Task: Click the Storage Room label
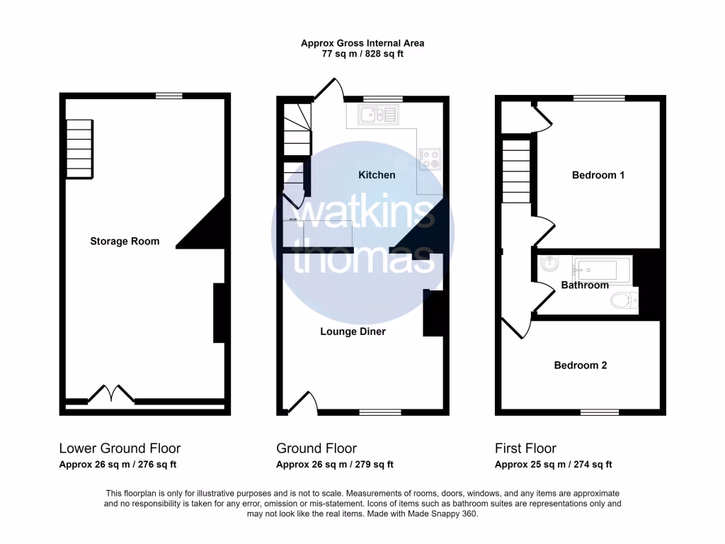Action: pyautogui.click(x=125, y=242)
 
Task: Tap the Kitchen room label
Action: pyautogui.click(x=377, y=175)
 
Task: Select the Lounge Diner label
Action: pyautogui.click(x=353, y=331)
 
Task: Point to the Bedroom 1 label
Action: pyautogui.click(x=598, y=175)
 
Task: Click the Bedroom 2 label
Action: pyautogui.click(x=580, y=365)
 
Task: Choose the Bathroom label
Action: pyautogui.click(x=585, y=285)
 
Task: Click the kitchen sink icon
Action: pyautogui.click(x=379, y=114)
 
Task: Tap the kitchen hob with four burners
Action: pyautogui.click(x=429, y=159)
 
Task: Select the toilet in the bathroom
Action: pyautogui.click(x=622, y=301)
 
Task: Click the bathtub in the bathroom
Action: pyautogui.click(x=602, y=268)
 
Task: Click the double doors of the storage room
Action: pyautogui.click(x=111, y=394)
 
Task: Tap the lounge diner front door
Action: pyautogui.click(x=302, y=402)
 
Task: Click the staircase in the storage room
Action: pyautogui.click(x=79, y=149)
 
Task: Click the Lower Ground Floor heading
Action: pyautogui.click(x=120, y=448)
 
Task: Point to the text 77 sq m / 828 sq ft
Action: pyautogui.click(x=362, y=54)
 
